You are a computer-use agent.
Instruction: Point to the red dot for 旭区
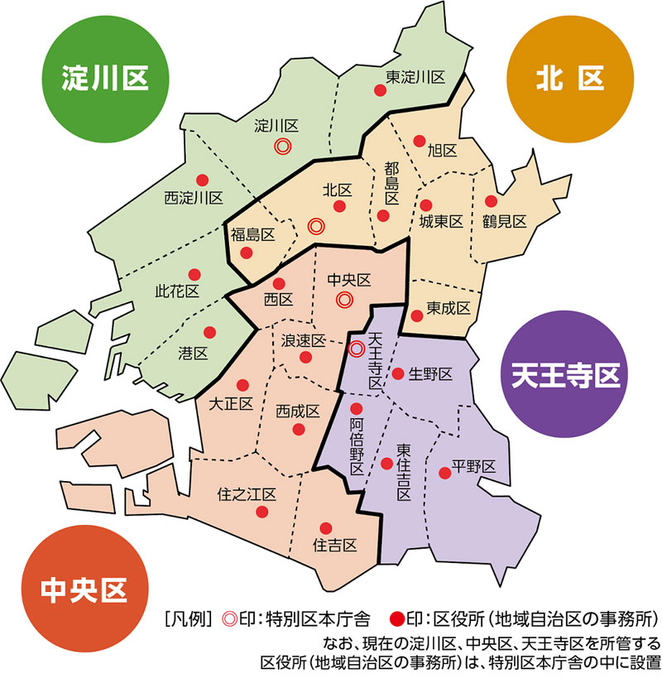point(420,140)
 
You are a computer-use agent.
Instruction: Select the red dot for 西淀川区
point(201,180)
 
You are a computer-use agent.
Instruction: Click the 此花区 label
point(177,291)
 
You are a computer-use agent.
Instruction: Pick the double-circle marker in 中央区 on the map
point(344,299)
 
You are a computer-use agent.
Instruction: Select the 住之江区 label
point(247,494)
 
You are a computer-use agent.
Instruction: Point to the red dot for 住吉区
point(326,527)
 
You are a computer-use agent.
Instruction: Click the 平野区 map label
point(473,466)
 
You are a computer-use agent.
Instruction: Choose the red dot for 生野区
point(397,373)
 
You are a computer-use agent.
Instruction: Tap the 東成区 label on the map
point(449,308)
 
